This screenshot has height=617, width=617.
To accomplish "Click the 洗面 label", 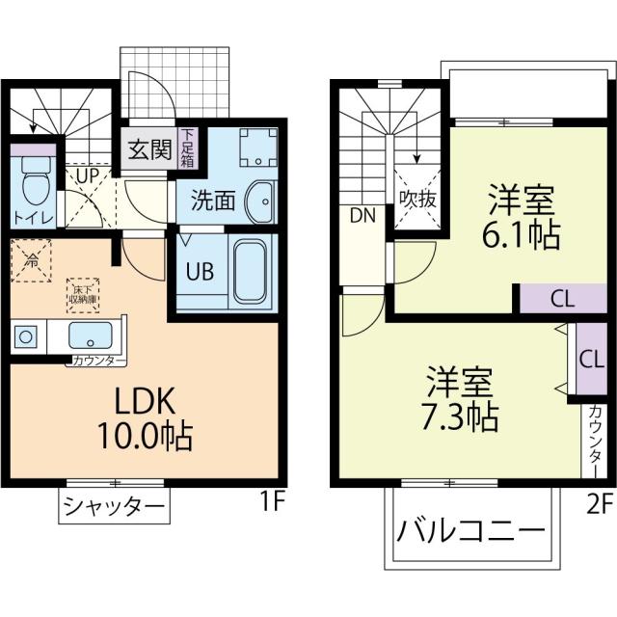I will tap(212, 201).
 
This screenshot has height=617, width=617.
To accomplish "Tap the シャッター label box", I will tap(114, 504).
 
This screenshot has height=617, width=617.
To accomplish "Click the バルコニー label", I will tap(470, 531).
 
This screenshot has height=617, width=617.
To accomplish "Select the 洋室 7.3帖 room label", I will tap(461, 399).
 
